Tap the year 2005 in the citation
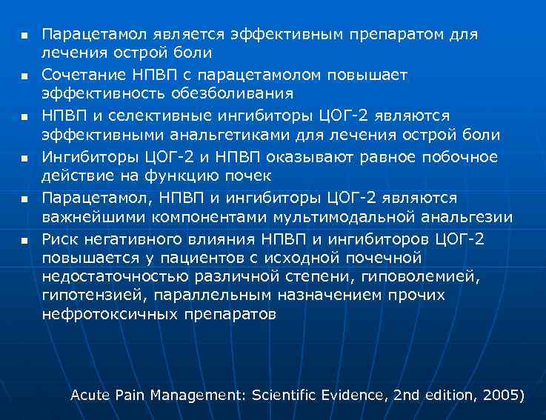click(501, 395)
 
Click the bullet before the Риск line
click(24, 240)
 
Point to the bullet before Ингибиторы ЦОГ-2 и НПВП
click(24, 159)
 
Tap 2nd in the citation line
click(406, 395)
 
